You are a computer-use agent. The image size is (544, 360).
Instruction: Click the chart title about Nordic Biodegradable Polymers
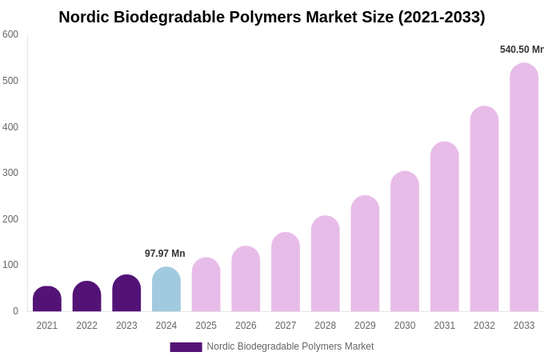pos(272,17)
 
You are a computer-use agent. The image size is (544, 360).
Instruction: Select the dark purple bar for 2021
pos(47,299)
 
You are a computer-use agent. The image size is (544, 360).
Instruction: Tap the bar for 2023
pos(126,294)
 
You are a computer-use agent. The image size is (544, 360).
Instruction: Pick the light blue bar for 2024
pos(166,290)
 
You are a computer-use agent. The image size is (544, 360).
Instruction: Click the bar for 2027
pos(286,272)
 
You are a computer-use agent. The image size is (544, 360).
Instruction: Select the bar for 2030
pos(405,242)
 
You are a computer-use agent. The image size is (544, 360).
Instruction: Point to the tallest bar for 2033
pos(524,187)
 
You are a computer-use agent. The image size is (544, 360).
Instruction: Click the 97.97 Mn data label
pos(165,254)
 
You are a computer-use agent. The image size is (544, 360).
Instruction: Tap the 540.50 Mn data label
pos(522,50)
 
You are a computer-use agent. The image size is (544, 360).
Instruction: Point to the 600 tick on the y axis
pos(10,34)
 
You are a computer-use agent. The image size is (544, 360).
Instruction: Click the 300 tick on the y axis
pos(10,173)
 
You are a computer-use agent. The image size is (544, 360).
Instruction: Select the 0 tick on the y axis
pos(15,311)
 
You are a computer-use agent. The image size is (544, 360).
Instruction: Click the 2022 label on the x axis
pos(86,326)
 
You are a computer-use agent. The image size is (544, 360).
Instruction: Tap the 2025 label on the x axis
pos(206,326)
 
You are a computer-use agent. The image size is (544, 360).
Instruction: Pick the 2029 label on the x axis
pos(365,326)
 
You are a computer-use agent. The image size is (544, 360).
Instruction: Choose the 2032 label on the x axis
pos(484,326)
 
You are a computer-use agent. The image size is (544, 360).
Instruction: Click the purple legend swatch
pos(186,347)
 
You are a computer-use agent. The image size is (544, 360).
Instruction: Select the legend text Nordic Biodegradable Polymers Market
pos(290,346)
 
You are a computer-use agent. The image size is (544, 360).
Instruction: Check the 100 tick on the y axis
pos(10,265)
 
